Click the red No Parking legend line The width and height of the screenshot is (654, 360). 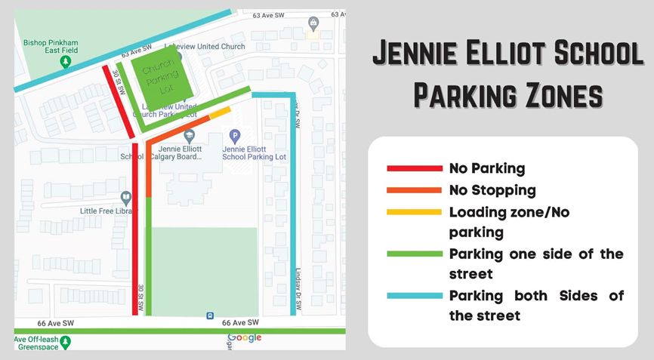(414, 168)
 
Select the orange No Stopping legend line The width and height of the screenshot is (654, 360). (414, 190)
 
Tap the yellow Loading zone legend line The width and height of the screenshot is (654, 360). (414, 212)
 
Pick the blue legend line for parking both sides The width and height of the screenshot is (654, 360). (414, 295)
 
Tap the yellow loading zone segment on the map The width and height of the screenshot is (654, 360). (220, 112)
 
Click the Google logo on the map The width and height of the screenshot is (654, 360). (244, 337)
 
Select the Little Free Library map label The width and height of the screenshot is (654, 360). (107, 211)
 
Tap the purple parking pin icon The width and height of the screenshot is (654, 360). (234, 137)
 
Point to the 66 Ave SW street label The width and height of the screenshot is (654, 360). (240, 322)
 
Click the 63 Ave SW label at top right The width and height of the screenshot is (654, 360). (268, 14)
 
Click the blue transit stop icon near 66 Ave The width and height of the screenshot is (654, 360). (209, 315)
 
